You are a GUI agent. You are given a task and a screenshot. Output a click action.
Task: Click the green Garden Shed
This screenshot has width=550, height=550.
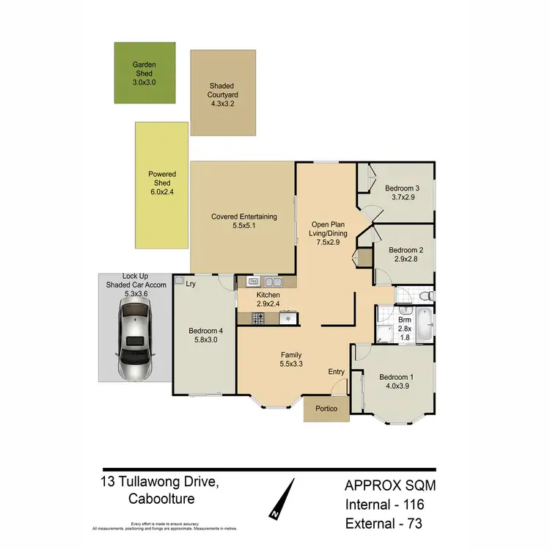pos(144,73)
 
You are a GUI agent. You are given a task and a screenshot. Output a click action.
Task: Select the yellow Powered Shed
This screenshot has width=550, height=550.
pos(162,185)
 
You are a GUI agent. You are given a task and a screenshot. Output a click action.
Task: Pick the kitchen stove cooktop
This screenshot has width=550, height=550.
pos(259,318)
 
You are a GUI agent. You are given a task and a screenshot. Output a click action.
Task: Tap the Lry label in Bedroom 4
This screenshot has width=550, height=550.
pos(190,284)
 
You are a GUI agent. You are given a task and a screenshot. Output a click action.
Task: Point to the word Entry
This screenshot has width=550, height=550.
pos(336,372)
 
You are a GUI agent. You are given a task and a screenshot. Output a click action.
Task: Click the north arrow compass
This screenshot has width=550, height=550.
pos(285,498)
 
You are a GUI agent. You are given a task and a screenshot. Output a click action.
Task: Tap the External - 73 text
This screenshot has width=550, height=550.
pos(384,524)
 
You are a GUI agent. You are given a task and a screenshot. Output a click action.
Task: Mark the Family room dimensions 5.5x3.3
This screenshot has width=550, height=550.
pos(291,363)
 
